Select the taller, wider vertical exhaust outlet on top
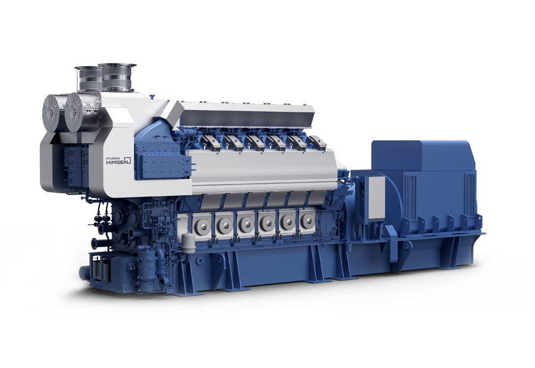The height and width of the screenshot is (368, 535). [116, 77]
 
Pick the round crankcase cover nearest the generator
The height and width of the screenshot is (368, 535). [307, 221]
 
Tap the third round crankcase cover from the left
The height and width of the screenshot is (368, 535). [246, 222]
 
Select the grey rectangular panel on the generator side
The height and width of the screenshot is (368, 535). [377, 197]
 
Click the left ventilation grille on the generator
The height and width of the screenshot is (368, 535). [410, 197]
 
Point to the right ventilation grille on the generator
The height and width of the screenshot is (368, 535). [470, 194]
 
